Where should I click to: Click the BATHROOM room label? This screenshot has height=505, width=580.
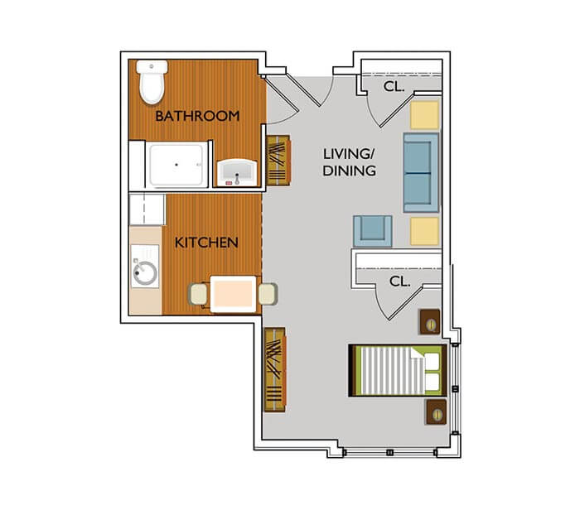click(x=197, y=116)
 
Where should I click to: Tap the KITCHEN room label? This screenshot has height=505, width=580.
click(x=206, y=243)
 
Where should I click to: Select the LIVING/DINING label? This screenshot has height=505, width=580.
click(x=349, y=162)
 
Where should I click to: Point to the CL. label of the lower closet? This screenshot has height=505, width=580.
click(x=400, y=281)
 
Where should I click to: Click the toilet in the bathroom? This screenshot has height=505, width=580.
click(x=152, y=82)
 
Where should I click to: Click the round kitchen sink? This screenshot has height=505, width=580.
click(x=145, y=272)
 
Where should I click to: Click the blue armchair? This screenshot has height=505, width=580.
click(x=371, y=230)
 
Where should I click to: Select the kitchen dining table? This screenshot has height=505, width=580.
click(x=234, y=293)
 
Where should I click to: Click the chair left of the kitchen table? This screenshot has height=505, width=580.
click(x=200, y=293)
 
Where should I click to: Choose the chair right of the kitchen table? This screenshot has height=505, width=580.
click(x=268, y=293)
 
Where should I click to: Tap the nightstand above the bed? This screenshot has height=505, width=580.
click(x=431, y=321)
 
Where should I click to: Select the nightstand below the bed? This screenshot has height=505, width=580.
click(x=436, y=411)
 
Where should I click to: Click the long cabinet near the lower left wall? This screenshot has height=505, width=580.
click(x=274, y=368)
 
